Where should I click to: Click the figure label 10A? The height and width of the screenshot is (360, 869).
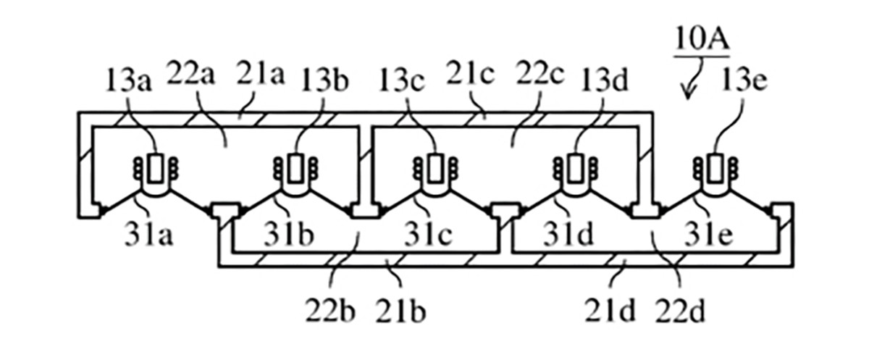coord(702,39)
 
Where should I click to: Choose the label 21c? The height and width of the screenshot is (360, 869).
coord(470,72)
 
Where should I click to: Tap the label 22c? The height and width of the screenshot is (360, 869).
coord(540,72)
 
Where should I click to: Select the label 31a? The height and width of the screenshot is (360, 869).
coord(148,234)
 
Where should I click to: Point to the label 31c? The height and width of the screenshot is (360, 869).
coord(428,234)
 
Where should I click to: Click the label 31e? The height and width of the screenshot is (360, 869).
coord(708,234)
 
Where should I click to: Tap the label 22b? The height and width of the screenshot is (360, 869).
coord(330,311)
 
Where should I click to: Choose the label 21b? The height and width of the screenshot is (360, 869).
coord(400,311)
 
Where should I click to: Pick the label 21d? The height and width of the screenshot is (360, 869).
coord(610,311)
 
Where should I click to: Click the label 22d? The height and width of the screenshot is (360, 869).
coord(680,311)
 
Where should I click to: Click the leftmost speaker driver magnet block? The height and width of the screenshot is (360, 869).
coord(156,169)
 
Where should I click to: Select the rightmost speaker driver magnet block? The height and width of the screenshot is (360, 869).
coord(715,169)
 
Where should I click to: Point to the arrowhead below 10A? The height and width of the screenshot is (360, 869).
coord(688,94)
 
